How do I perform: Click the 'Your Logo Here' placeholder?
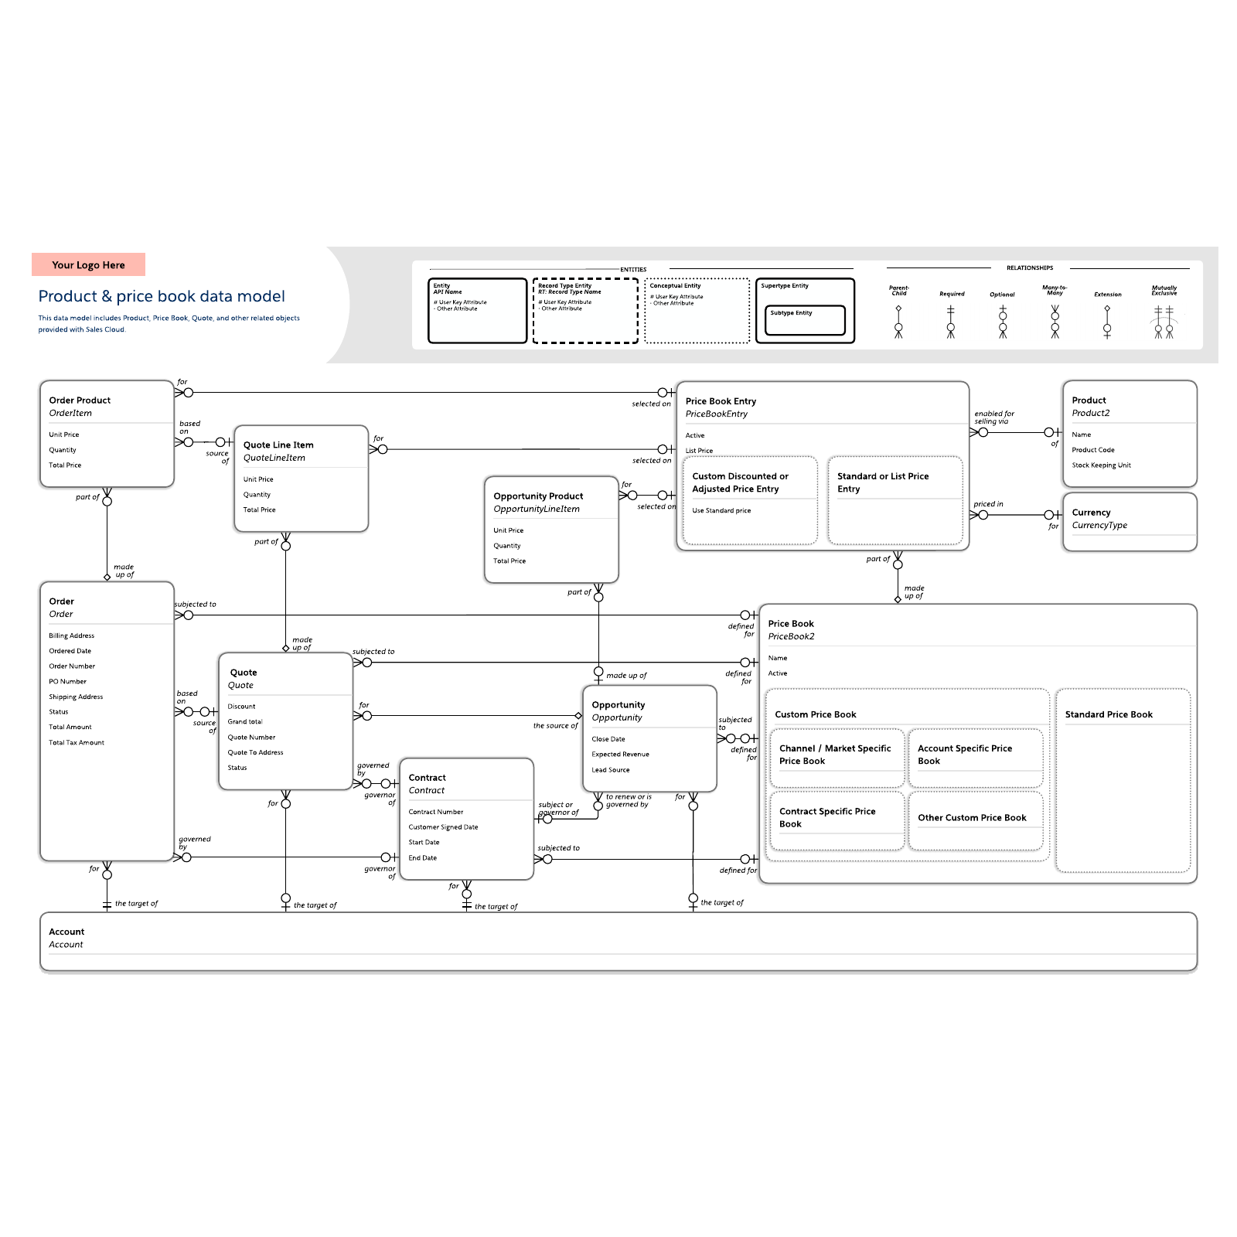[88, 265]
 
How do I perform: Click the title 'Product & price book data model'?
[162, 296]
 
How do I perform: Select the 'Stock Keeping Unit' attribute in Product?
[1101, 465]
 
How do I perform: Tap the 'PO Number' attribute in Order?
[67, 682]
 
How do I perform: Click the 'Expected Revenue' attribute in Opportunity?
[620, 755]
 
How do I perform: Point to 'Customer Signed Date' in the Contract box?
[443, 827]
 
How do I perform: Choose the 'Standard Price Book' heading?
[1108, 714]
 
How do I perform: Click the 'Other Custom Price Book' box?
[972, 818]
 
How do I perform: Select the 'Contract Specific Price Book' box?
[827, 818]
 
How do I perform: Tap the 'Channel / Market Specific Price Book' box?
[834, 755]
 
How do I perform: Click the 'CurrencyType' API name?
[1099, 526]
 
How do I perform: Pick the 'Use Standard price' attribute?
[721, 511]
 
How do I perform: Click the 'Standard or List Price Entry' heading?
[882, 482]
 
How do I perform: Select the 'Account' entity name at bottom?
[66, 932]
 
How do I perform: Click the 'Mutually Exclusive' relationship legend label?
[1164, 291]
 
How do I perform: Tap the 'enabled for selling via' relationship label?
[993, 417]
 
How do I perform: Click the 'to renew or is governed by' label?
[628, 801]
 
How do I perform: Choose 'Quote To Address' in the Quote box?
[255, 753]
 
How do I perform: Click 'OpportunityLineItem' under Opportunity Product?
[536, 509]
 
